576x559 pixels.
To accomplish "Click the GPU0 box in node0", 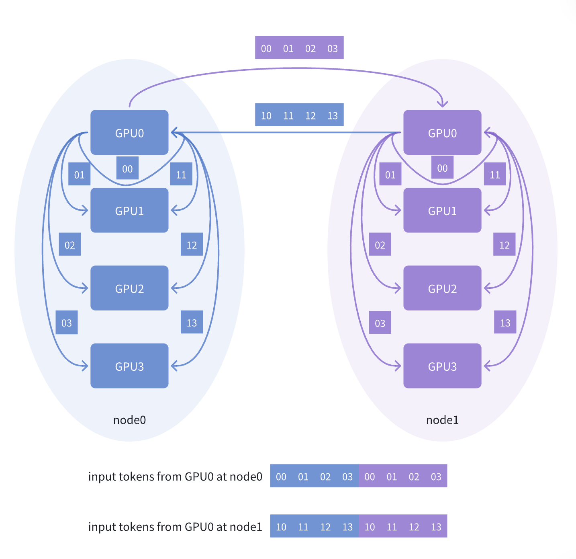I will (x=129, y=132).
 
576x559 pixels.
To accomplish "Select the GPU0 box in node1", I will (x=442, y=132).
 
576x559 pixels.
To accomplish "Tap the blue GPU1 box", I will (x=129, y=210).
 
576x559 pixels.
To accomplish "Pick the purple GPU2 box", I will (x=442, y=288).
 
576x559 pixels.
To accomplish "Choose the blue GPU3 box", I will (x=129, y=366).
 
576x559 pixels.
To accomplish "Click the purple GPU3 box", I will (x=442, y=366).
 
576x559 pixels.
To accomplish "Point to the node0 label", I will (x=129, y=420).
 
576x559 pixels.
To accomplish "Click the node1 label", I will (x=442, y=420).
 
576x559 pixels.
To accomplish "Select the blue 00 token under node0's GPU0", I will (x=127, y=169).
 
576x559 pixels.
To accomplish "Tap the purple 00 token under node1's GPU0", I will (x=442, y=168).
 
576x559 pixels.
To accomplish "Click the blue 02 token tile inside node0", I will (x=70, y=245).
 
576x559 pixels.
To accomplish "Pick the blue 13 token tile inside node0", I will (x=192, y=322).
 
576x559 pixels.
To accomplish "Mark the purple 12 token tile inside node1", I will (x=504, y=245).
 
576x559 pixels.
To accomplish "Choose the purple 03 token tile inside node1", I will (x=380, y=323).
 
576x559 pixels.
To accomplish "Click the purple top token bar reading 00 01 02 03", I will (x=299, y=48).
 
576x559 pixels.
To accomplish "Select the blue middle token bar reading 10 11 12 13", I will (x=299, y=115).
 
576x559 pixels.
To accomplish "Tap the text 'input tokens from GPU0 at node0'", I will (x=175, y=477).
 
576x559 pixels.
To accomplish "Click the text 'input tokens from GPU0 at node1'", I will (x=175, y=527).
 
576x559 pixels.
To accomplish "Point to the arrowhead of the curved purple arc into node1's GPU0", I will (x=442, y=104).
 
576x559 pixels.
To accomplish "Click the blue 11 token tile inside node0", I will (x=181, y=175).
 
